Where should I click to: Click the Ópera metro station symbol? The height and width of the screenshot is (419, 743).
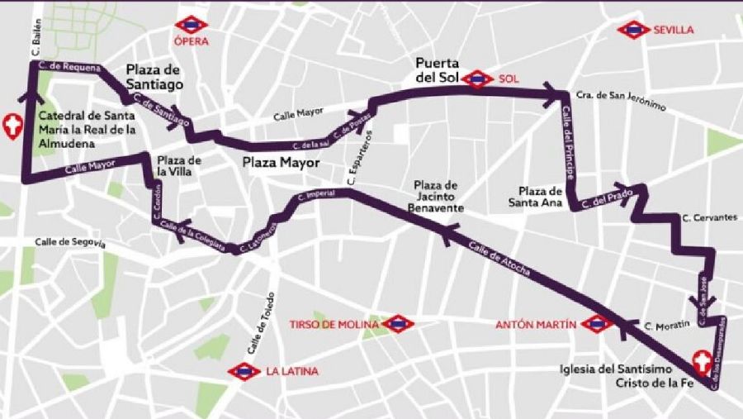pos(192,24)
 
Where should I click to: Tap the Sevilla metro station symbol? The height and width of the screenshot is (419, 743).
pos(634,30)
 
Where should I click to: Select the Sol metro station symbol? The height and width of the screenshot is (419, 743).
pos(478,79)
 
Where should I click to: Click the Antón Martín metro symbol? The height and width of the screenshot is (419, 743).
pos(597,324)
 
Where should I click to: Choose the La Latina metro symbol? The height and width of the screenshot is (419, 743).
pos(244,371)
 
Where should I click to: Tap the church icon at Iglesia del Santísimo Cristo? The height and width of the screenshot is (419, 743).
pos(702,361)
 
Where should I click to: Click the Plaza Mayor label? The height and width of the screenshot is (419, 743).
pos(281,163)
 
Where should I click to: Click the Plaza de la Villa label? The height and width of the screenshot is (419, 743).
pos(180,166)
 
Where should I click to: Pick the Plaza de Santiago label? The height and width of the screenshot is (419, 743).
pos(154,77)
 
